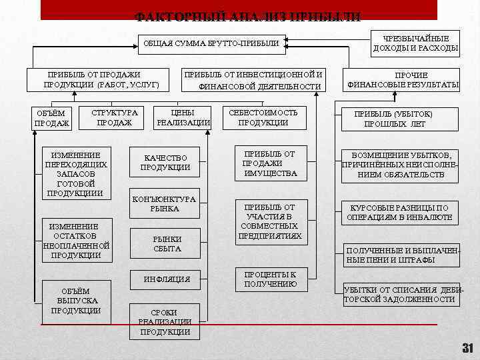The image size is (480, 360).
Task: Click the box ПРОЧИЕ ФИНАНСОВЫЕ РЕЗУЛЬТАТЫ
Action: pos(402,80)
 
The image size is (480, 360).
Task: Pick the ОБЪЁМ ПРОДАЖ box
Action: pos(51,119)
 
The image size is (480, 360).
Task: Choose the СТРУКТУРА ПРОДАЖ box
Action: pos(114,118)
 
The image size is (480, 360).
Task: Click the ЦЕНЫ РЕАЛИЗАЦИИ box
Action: pos(183,118)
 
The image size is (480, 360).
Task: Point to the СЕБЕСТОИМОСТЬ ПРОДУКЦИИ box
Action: pos(263,118)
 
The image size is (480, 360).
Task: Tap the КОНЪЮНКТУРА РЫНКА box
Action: pos(164,204)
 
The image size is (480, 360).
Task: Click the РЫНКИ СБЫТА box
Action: pos(167,244)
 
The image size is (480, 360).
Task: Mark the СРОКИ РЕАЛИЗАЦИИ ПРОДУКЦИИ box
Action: pos(165,322)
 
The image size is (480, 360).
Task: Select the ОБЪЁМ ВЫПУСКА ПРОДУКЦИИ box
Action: pos(75,301)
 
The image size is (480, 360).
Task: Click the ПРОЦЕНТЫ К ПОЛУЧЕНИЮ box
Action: pos(270,279)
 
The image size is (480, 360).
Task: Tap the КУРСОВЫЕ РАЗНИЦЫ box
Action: pos(399,212)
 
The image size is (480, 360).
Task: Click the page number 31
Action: pos(467,348)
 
